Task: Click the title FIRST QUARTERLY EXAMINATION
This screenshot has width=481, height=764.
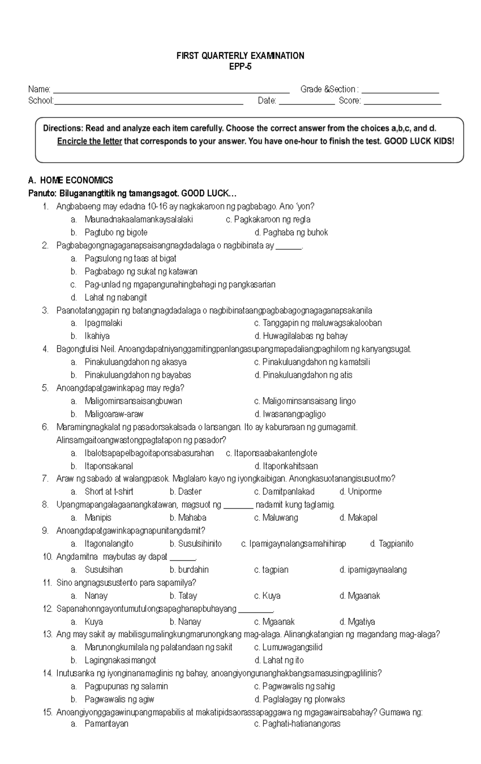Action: pos(240,56)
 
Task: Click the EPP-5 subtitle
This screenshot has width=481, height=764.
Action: pos(240,67)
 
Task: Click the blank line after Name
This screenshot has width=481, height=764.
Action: pos(171,91)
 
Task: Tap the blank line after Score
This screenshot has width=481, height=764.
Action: pos(402,103)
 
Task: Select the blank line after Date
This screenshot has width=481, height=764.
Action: pos(306,103)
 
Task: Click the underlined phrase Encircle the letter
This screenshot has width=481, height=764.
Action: pos(89,141)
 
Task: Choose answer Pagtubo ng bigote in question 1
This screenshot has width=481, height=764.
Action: pos(116,232)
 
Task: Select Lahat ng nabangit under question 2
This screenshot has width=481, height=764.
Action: pos(115,297)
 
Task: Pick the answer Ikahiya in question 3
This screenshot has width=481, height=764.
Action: pos(97,336)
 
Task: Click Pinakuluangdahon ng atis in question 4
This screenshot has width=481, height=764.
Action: pos(307,375)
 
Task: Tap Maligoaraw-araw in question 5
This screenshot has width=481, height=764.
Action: pos(114,414)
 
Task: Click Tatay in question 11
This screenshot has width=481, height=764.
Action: pos(188,596)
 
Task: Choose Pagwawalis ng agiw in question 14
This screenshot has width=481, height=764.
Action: pos(119,699)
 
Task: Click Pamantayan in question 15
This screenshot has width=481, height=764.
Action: pos(106,724)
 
